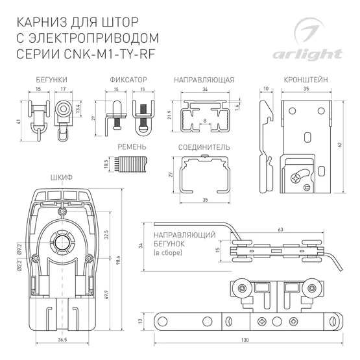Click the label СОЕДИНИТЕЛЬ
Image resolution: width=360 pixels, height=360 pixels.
[x=204, y=147]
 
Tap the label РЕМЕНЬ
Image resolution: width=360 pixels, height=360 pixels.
[x=132, y=147]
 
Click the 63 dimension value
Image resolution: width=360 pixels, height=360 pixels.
[x=280, y=229]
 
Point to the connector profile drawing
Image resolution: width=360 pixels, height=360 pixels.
[x=204, y=175]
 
